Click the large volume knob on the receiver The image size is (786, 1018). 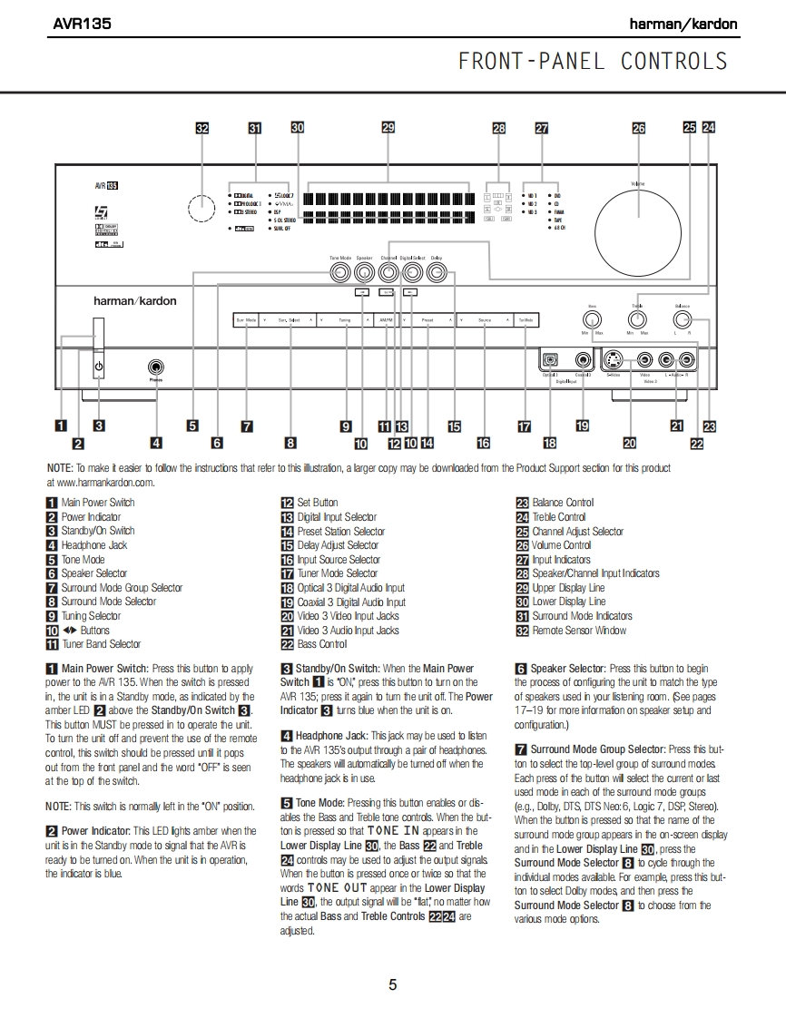638,218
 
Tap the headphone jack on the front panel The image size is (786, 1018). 156,367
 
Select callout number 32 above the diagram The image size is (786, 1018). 202,129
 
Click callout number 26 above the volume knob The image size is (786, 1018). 639,129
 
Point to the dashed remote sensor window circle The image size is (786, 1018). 201,210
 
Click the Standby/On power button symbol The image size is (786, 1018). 98,367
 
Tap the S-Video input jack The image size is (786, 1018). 614,359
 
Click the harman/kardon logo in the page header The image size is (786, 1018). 683,24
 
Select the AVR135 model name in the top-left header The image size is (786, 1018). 82,24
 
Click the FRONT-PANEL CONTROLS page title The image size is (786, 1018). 593,62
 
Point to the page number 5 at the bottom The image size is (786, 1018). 392,984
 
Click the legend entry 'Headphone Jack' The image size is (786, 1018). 93,545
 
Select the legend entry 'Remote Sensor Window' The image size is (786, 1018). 578,631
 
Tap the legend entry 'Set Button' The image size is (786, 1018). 317,503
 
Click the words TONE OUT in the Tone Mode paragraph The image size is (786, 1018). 337,888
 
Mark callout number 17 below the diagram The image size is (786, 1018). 524,426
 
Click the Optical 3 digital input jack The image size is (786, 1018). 550,359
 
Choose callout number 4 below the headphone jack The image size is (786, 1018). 156,443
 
